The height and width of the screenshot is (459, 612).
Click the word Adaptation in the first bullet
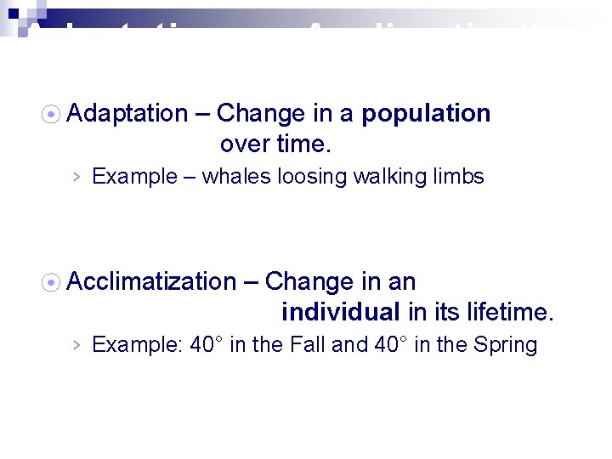(x=127, y=114)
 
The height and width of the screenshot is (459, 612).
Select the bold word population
(x=426, y=114)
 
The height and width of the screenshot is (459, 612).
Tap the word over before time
(x=246, y=144)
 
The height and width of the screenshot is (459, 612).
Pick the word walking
(x=379, y=177)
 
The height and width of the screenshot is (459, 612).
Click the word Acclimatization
(x=151, y=281)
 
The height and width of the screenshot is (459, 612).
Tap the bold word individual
(x=340, y=312)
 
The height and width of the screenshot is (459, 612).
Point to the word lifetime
(x=508, y=312)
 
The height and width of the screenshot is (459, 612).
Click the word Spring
(x=507, y=345)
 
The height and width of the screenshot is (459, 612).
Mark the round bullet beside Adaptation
(x=52, y=114)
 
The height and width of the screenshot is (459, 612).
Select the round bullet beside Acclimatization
(x=52, y=281)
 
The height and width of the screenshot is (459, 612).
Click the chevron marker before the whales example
(x=76, y=177)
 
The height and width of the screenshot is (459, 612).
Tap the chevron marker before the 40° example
(x=76, y=345)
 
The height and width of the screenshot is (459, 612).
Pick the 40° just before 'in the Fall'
(x=207, y=345)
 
